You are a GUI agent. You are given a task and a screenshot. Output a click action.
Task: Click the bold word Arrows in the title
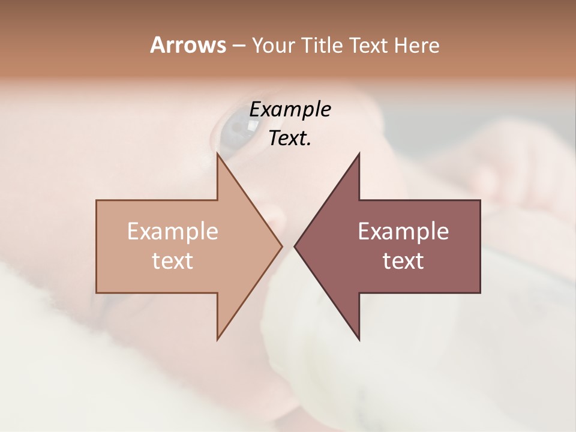[x=187, y=45]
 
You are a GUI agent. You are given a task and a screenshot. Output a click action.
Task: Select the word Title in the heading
[x=325, y=46]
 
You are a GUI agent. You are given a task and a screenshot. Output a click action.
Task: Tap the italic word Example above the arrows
[x=290, y=110]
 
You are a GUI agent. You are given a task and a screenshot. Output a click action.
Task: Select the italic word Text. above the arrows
[x=290, y=139]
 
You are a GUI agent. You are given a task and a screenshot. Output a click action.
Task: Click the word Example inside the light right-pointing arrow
[x=173, y=231]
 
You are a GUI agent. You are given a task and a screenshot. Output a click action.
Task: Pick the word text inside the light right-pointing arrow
[x=173, y=260]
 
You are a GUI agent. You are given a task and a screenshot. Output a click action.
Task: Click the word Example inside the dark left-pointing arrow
[x=403, y=231]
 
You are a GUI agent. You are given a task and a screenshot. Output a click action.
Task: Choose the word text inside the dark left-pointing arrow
[x=403, y=260]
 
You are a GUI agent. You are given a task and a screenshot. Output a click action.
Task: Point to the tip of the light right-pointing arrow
[x=281, y=246]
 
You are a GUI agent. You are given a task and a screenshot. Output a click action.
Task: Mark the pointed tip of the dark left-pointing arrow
[x=295, y=246]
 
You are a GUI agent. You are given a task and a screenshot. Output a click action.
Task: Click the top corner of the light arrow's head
[x=218, y=154]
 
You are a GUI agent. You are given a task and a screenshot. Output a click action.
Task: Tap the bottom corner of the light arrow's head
[x=218, y=339]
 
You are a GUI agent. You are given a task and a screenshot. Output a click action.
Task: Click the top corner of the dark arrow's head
[x=359, y=154]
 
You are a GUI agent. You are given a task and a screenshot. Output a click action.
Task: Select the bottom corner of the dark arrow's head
[x=359, y=339]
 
